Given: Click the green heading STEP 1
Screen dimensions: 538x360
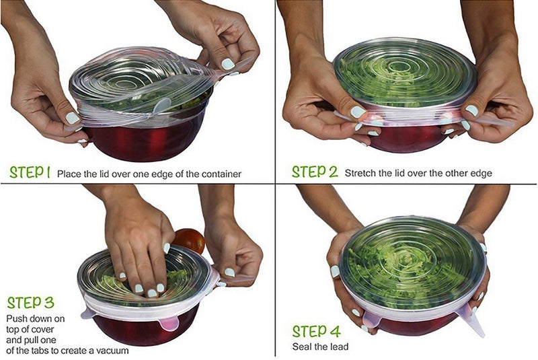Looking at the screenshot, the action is pos(30,172).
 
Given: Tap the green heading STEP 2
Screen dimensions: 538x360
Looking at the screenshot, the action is pos(315,172).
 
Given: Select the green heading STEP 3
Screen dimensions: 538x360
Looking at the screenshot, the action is pos(30,303).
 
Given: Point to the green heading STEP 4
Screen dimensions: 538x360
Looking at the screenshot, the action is pos(316,332).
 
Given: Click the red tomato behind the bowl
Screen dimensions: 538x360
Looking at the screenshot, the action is pos(190,240).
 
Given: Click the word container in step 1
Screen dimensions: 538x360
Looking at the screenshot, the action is pos(221,174).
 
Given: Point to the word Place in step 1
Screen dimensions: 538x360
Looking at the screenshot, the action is pos(69,174).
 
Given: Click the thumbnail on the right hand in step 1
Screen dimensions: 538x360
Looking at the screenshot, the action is pos(227,64).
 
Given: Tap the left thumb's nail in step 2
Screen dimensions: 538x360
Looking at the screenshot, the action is pos(358,112).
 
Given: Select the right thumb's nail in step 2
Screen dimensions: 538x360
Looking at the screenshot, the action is pos(472,110).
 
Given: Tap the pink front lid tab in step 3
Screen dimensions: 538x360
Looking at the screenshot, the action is pos(169,323).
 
